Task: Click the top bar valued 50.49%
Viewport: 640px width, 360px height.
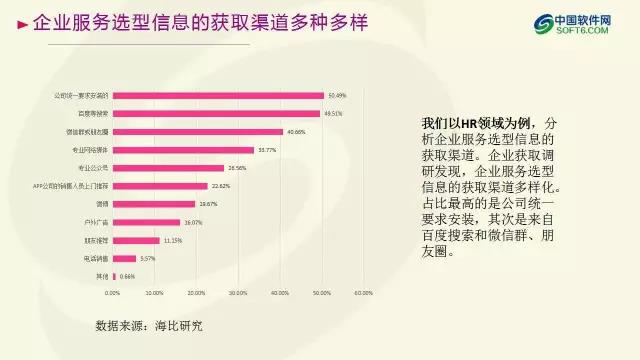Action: [218, 96]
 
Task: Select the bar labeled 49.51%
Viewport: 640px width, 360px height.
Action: [216, 114]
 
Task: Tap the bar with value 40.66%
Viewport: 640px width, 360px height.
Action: [197, 132]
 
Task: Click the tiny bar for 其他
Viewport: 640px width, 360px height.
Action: [114, 276]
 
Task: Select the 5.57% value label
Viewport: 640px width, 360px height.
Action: [147, 258]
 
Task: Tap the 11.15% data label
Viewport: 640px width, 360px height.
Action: [172, 240]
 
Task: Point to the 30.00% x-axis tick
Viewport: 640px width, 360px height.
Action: [237, 293]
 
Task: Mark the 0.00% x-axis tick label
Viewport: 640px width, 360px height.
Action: [112, 293]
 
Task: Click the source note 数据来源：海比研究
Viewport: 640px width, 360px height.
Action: [148, 326]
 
